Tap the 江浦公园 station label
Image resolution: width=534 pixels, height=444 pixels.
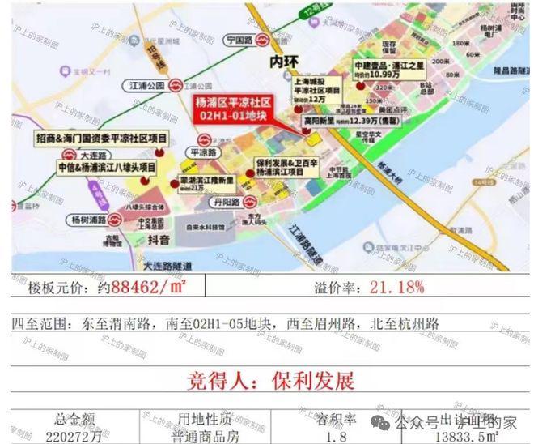[x=146, y=85]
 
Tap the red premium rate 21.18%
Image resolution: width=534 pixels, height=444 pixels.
[x=397, y=288]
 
